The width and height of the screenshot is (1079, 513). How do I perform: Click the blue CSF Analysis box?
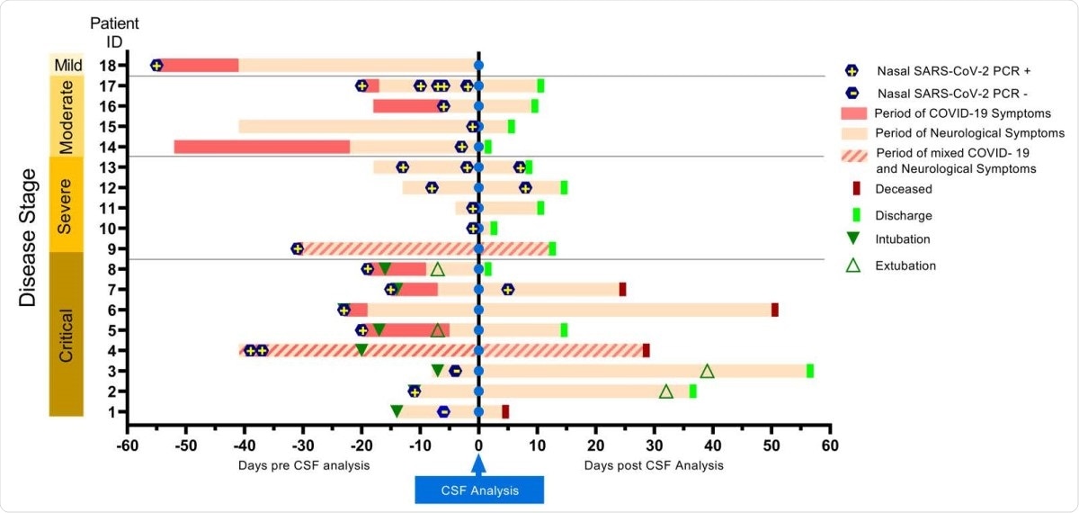point(478,489)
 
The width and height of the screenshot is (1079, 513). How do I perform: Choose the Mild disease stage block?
point(66,64)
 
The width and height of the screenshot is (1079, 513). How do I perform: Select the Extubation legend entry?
point(905,265)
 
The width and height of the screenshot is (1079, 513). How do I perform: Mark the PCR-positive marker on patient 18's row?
point(156,65)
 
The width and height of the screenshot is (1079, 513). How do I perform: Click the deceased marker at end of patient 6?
point(774,310)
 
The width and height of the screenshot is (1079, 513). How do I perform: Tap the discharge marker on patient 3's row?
point(809,371)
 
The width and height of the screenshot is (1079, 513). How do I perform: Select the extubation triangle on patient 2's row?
point(666,391)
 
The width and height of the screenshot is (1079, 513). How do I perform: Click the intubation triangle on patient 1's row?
point(397,411)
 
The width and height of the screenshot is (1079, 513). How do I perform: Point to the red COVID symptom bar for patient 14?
point(262,147)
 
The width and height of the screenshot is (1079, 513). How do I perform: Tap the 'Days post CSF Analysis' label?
point(654,465)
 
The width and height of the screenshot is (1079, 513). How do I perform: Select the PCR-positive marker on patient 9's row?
point(298,248)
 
